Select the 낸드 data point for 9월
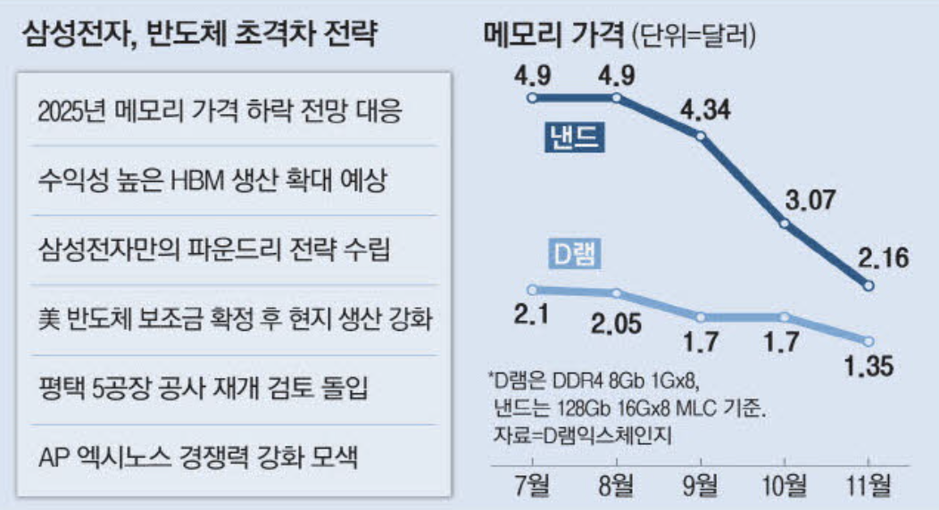[x=702, y=136]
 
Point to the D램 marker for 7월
[x=532, y=289]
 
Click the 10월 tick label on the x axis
[x=785, y=486]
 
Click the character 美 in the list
[x=51, y=319]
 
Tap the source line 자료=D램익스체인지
[x=581, y=436]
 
